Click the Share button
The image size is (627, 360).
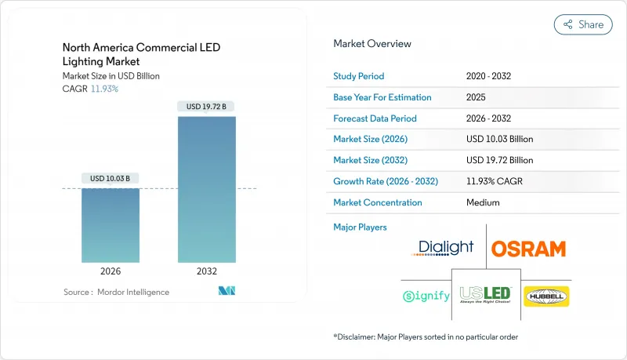click(583, 24)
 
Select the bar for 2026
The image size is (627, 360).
click(111, 225)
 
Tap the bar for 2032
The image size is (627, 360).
click(207, 189)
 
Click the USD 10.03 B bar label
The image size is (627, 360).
click(111, 178)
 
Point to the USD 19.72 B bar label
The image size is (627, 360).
click(207, 106)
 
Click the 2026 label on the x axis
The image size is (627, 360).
click(111, 272)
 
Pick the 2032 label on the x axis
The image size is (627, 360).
click(207, 272)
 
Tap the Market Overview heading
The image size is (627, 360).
click(372, 44)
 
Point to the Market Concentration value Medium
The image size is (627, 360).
click(482, 202)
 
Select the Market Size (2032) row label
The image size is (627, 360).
click(370, 160)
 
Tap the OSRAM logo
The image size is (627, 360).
click(527, 249)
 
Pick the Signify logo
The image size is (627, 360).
click(426, 296)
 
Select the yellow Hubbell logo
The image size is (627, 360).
click(545, 296)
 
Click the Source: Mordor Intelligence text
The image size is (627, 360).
click(116, 292)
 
